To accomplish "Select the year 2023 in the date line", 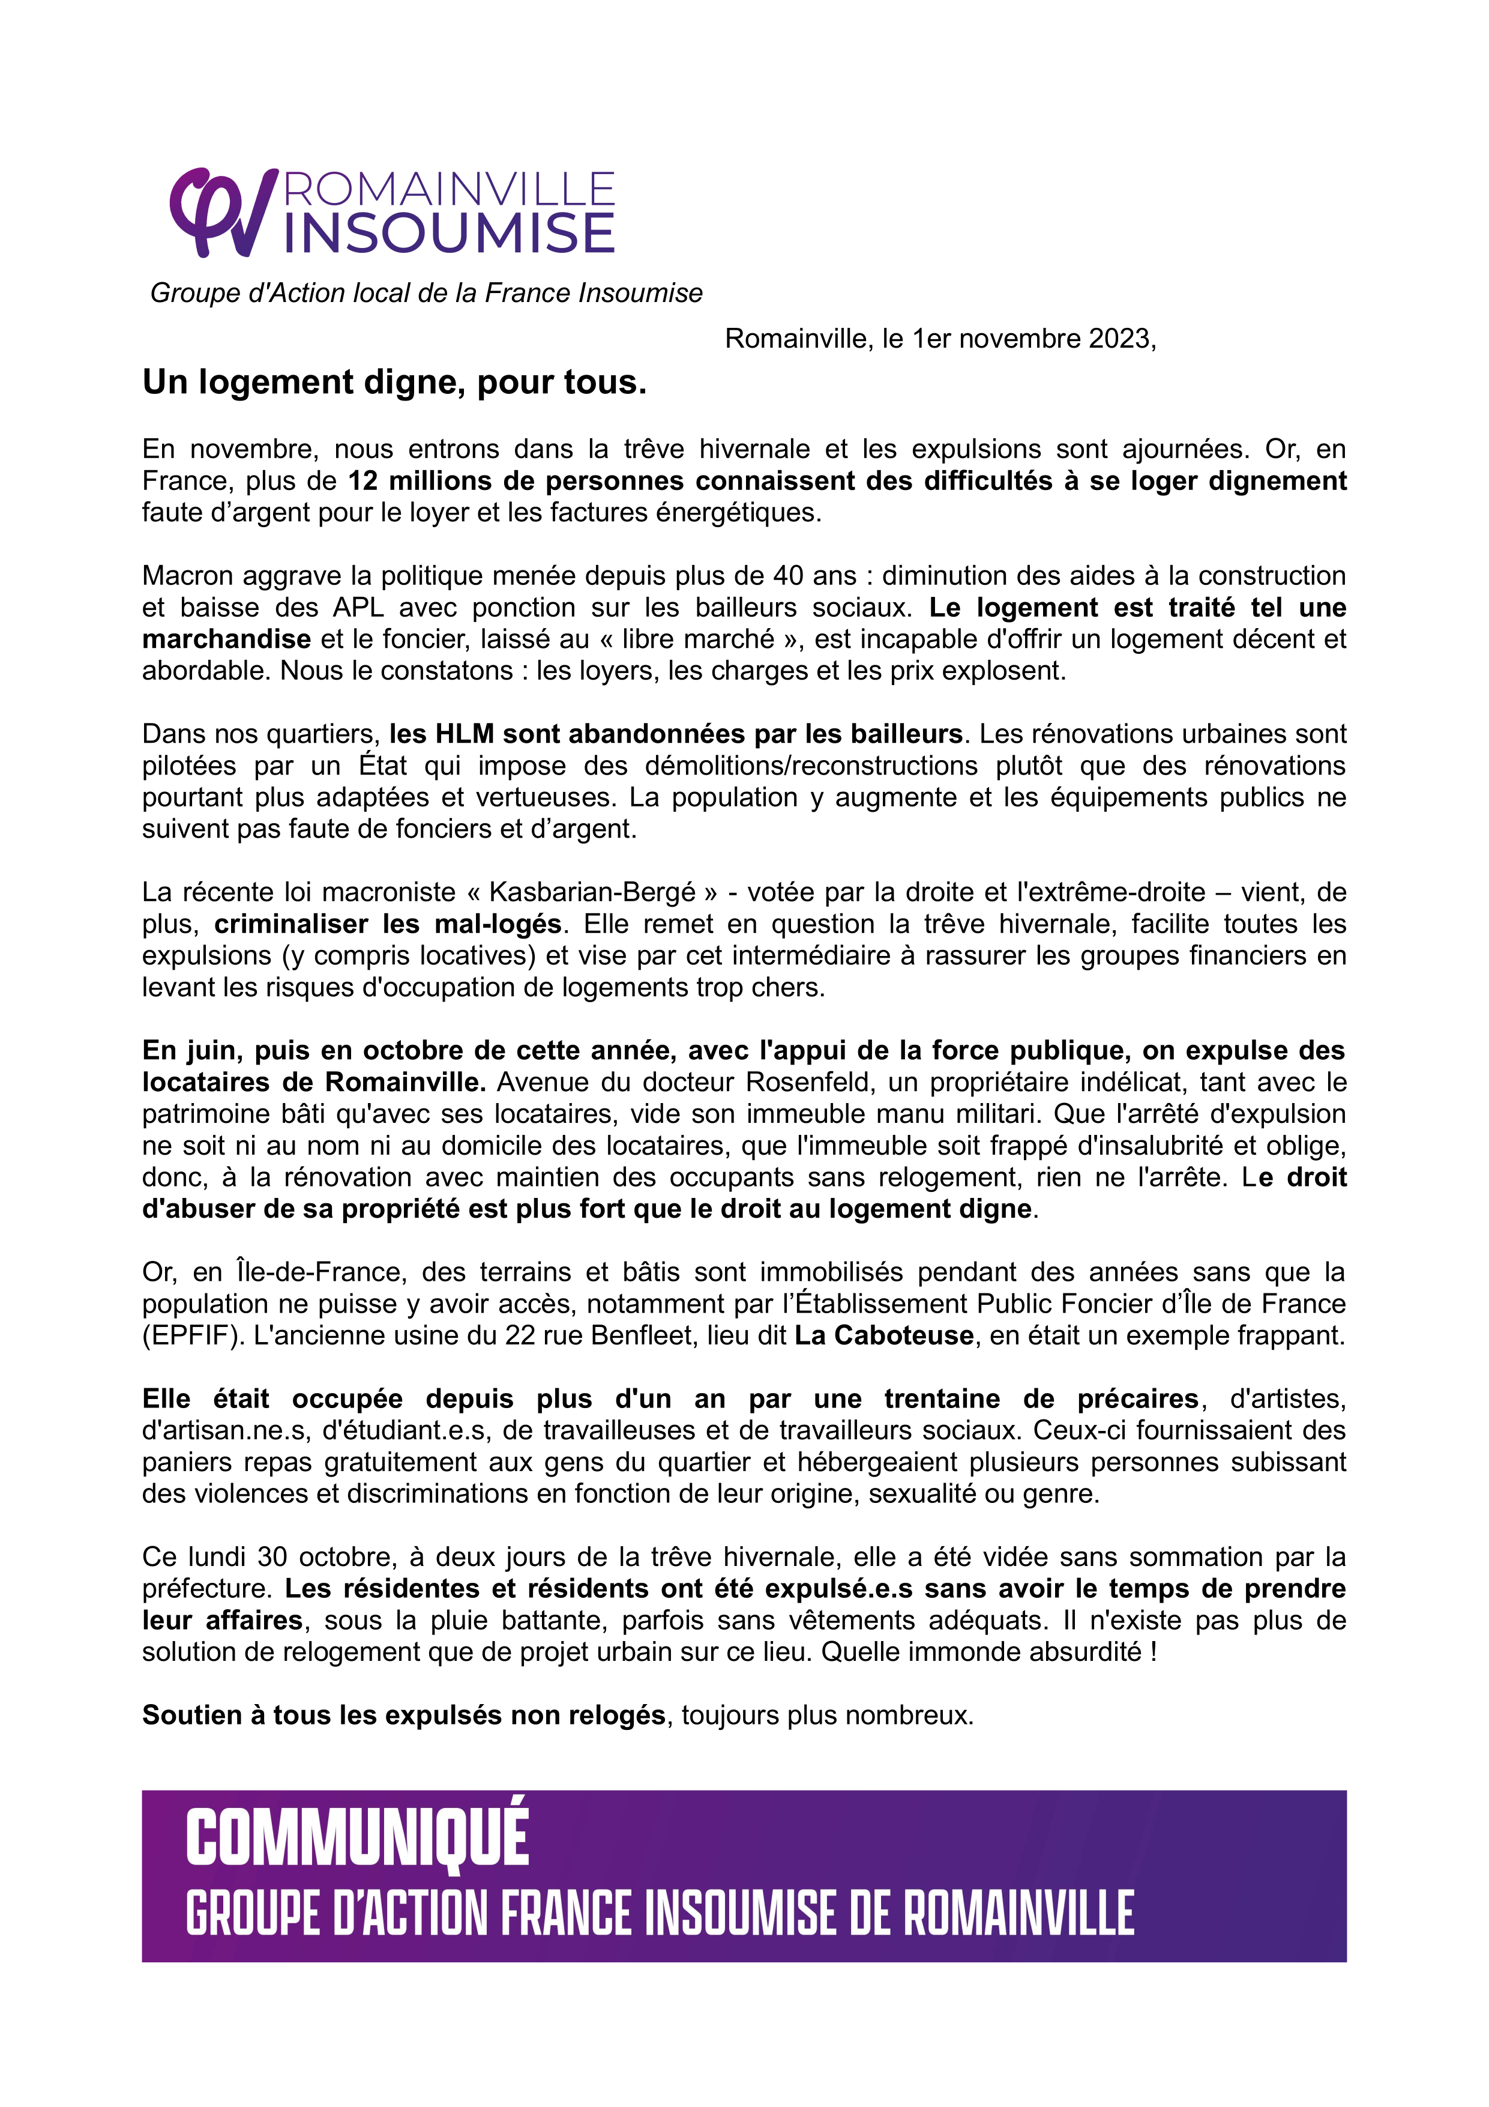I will point(1119,339).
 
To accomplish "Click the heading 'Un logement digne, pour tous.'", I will point(394,382).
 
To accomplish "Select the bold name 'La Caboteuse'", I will point(883,1335).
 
